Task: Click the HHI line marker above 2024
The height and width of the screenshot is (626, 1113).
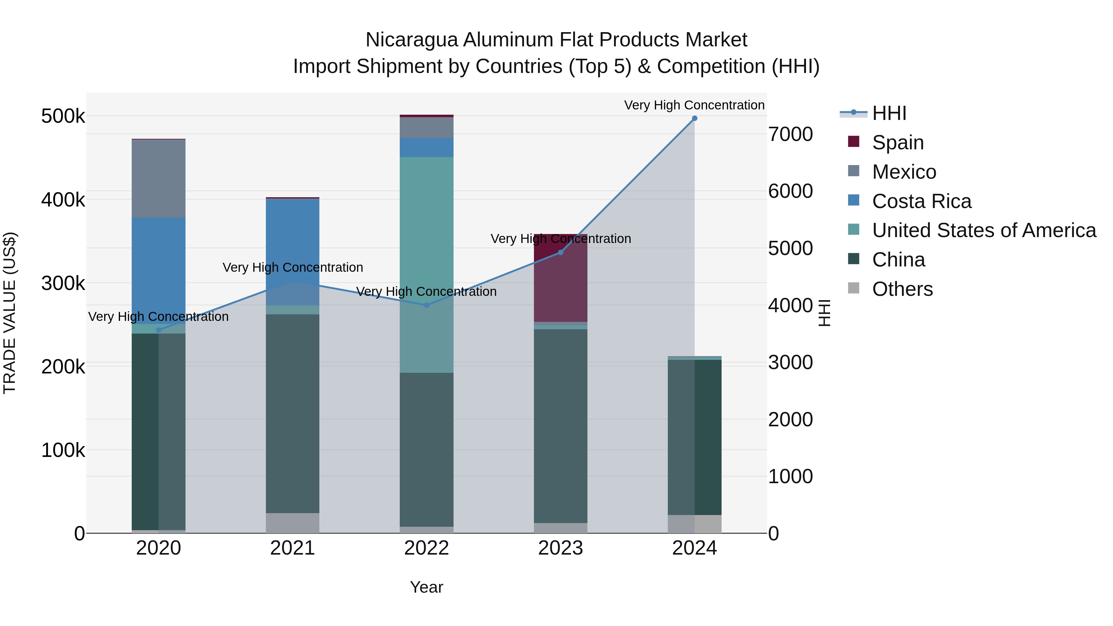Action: click(x=694, y=118)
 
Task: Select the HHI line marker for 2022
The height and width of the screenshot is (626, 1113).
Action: click(x=426, y=305)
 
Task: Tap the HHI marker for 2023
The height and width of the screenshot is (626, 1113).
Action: click(x=561, y=252)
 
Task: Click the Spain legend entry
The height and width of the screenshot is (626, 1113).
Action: click(x=898, y=143)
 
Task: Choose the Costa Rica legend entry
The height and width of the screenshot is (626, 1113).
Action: click(x=922, y=201)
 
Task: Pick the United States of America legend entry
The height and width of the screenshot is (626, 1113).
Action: click(x=984, y=230)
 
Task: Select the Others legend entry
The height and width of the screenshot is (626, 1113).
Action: click(x=902, y=289)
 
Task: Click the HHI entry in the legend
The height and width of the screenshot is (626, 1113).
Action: click(x=889, y=113)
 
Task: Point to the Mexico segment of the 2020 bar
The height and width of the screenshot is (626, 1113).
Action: click(x=159, y=178)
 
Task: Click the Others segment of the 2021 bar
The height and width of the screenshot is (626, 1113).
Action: click(x=292, y=523)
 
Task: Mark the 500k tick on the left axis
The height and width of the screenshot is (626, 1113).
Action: click(x=63, y=116)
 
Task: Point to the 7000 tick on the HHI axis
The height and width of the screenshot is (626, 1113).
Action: click(x=790, y=134)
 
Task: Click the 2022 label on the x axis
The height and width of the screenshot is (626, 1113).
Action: click(x=426, y=548)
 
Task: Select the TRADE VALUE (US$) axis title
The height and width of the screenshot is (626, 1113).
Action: click(x=10, y=313)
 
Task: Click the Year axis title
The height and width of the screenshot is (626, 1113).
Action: click(x=426, y=587)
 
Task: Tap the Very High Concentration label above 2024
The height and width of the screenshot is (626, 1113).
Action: click(x=694, y=105)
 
